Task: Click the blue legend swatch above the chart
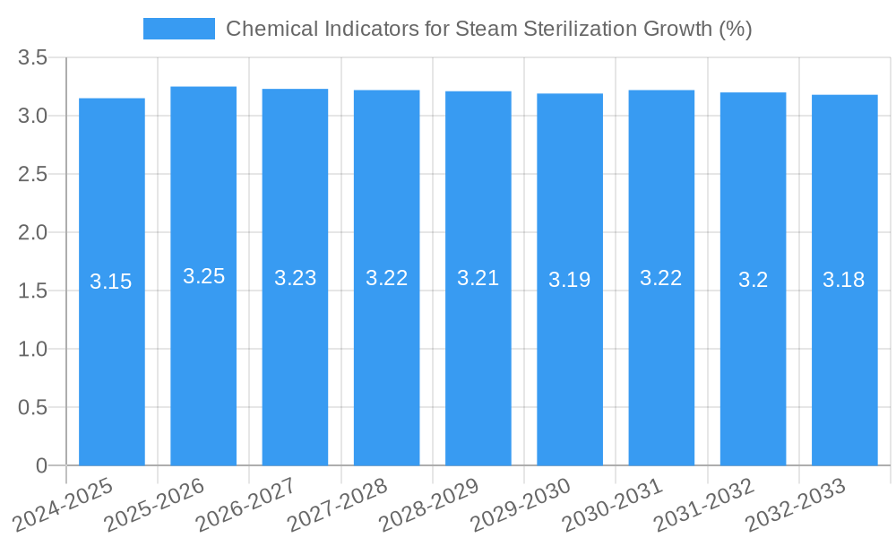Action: pos(179,29)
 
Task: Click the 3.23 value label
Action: pos(295,278)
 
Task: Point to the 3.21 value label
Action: pos(478,278)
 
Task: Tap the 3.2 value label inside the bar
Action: pos(753,280)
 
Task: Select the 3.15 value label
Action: pos(111,282)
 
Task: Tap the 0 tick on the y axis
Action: pos(41,466)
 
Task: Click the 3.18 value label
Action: pos(844,280)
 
